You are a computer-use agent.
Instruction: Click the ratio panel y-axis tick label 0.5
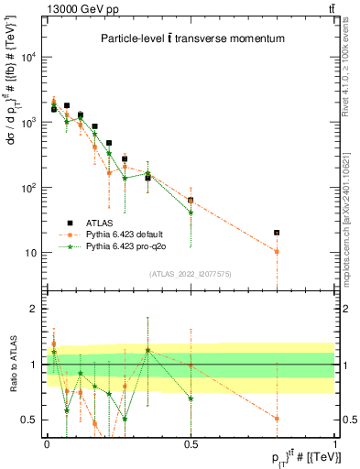coord(30,420)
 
